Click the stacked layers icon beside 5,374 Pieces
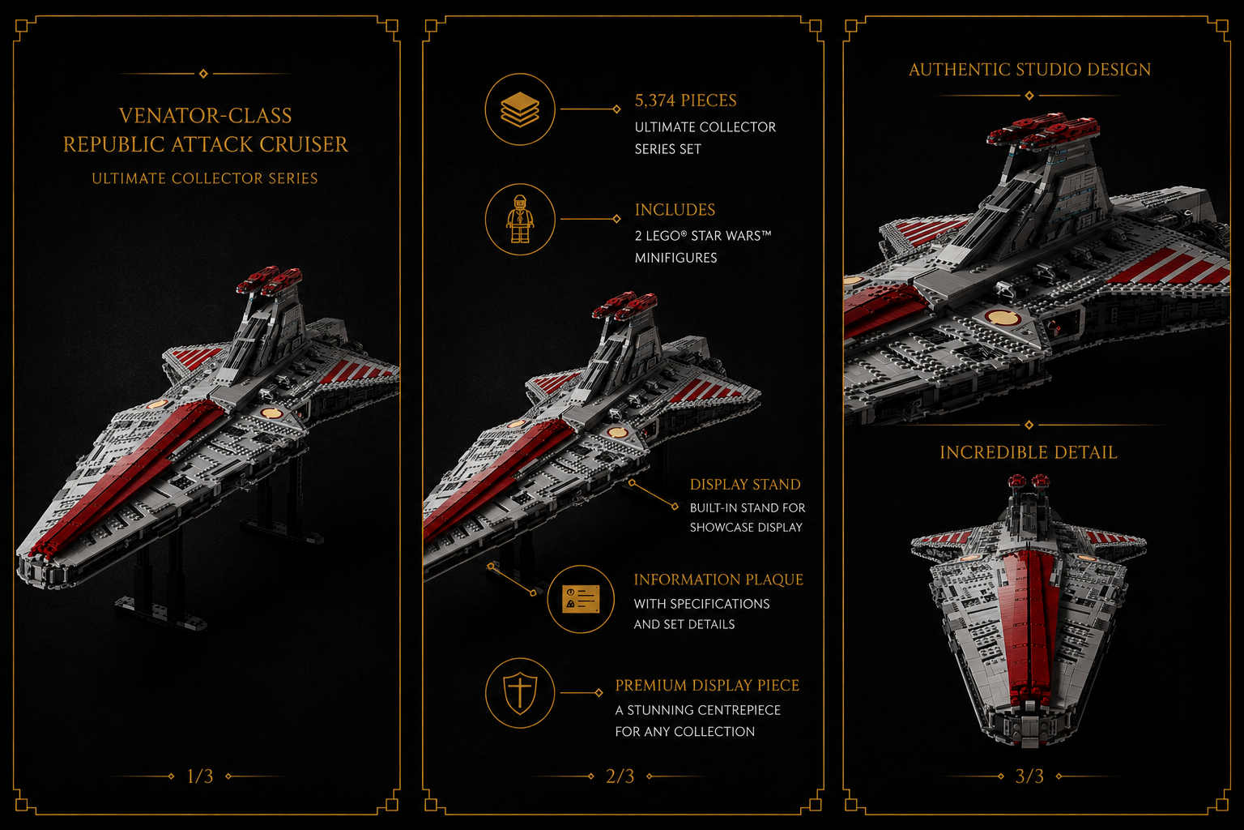tap(520, 109)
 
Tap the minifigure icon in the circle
tap(520, 219)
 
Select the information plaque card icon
tap(581, 599)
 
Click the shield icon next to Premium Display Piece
tap(520, 693)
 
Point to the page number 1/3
tap(200, 776)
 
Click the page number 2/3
tap(620, 776)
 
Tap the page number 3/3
tap(1029, 776)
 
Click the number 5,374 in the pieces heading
tap(655, 101)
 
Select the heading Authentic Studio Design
tap(1029, 70)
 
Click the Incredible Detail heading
tap(1029, 452)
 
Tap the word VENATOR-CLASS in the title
tap(206, 116)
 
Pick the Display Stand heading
tap(745, 484)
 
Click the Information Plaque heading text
tap(718, 580)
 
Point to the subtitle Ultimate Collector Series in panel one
tap(205, 178)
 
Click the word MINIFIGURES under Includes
tap(676, 258)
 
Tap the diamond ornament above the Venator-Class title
tap(203, 74)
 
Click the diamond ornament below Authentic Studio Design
tap(1029, 96)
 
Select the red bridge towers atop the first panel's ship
tap(270, 280)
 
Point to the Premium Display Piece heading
tap(707, 686)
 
